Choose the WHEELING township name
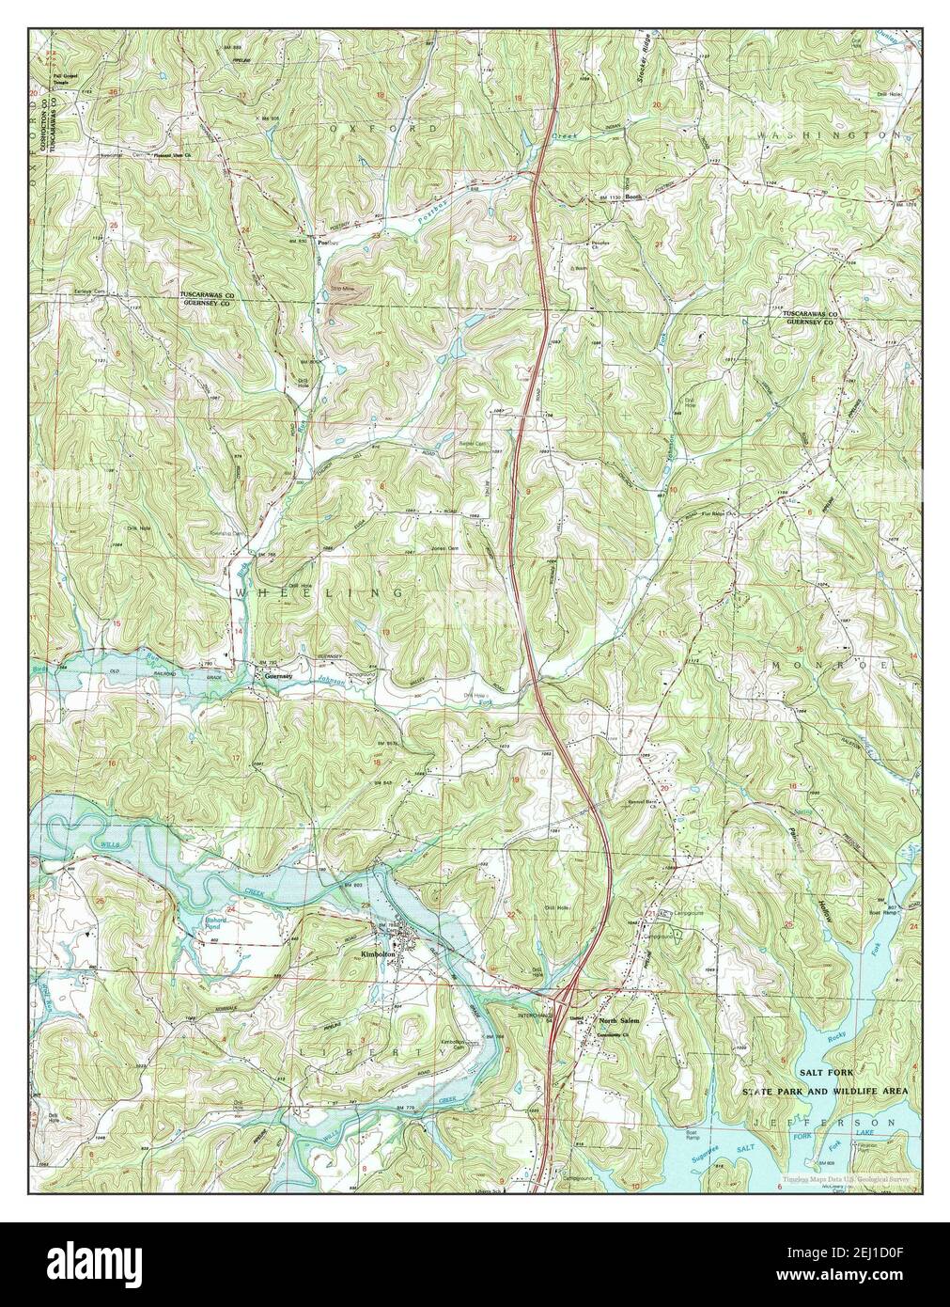tap(320, 593)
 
